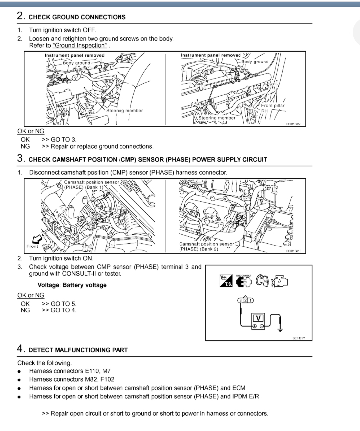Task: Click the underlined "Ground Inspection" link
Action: [79, 45]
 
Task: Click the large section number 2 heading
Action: [21, 16]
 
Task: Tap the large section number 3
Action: [21, 159]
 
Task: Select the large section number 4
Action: [21, 349]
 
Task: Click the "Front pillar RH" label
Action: [273, 108]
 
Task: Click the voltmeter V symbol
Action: [258, 318]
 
